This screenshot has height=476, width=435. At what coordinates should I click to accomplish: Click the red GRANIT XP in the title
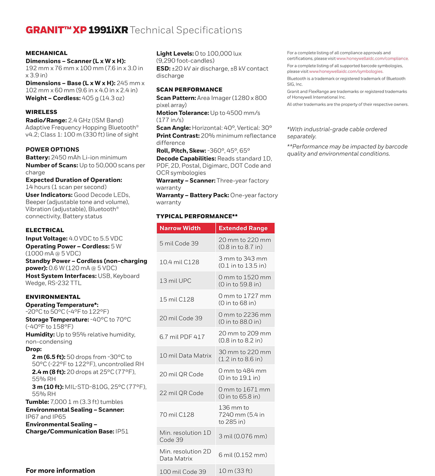(56, 30)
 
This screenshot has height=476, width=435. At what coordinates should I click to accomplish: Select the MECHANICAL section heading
(46, 53)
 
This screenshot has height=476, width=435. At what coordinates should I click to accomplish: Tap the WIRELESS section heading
(41, 112)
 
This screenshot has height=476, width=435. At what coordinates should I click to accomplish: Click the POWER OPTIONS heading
(52, 150)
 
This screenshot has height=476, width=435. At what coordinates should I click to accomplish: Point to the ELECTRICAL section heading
(45, 230)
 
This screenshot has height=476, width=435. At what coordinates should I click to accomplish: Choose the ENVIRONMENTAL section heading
(53, 297)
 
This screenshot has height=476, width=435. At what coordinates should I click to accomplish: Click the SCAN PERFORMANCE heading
(189, 90)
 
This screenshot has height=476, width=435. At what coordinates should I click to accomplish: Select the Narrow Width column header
(180, 228)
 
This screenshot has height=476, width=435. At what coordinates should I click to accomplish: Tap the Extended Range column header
(243, 228)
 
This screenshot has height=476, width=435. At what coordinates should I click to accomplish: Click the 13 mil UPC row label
(175, 281)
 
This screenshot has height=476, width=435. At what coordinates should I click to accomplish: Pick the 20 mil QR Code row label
(181, 374)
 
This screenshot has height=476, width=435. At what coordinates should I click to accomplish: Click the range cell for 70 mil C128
(241, 414)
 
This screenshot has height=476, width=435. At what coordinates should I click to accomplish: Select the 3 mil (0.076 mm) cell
(243, 436)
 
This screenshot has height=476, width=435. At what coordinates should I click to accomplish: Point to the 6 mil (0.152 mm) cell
(243, 455)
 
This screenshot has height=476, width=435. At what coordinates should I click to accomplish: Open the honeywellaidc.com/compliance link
(372, 59)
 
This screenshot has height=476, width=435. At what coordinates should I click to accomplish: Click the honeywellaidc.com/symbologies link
(346, 72)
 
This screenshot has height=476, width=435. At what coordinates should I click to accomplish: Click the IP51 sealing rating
(122, 431)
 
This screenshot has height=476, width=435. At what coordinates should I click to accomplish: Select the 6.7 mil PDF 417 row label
(182, 337)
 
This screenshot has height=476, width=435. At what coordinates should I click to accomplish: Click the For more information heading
(60, 471)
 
